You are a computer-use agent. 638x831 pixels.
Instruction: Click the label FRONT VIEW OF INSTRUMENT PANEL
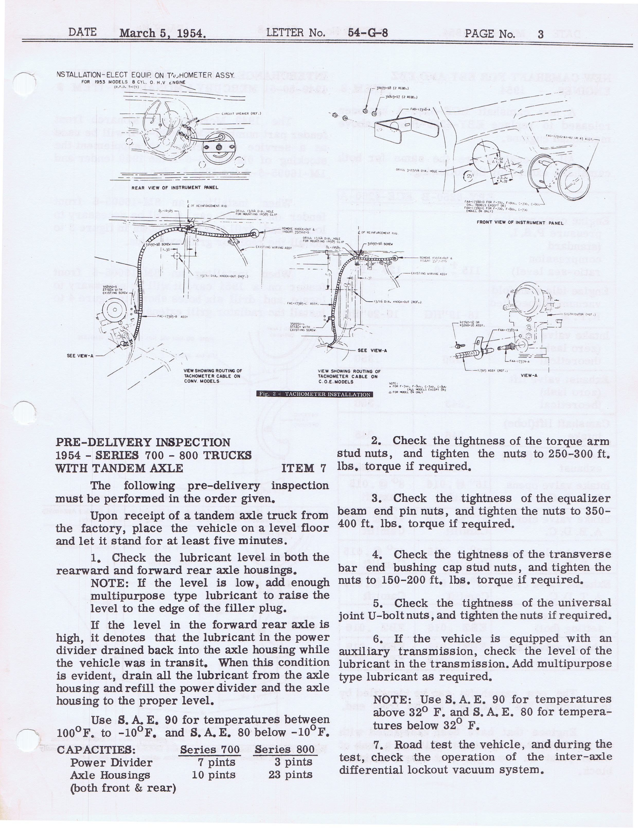(x=517, y=223)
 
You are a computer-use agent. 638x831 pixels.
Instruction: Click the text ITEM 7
(x=304, y=468)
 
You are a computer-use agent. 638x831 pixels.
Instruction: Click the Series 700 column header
(x=210, y=750)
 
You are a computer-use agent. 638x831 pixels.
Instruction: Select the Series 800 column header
(x=285, y=750)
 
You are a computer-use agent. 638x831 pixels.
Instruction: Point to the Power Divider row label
(x=111, y=763)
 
